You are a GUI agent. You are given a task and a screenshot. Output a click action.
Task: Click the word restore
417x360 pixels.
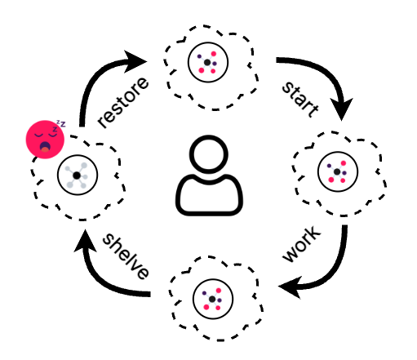tap(123, 102)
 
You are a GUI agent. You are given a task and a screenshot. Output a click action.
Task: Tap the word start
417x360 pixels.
tap(300, 99)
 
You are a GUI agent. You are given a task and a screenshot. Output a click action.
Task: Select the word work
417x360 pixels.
tap(302, 244)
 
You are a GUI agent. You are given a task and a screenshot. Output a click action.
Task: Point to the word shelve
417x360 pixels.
tap(126, 256)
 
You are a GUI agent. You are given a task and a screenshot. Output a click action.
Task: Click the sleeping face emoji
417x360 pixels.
tap(45, 140)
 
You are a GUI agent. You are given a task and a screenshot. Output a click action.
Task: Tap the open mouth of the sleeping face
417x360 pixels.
tap(45, 147)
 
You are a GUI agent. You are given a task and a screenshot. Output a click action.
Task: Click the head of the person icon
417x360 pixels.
tap(209, 154)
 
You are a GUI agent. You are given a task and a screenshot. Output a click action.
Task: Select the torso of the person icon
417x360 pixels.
tap(209, 195)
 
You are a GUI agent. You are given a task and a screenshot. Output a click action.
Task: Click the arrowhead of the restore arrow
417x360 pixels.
tap(135, 61)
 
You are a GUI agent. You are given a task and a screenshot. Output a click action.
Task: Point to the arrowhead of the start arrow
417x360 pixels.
tap(341, 109)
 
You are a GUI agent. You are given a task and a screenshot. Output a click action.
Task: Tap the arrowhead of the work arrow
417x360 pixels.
tap(291, 287)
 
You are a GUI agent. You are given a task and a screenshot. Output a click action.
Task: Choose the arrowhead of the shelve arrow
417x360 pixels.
tap(85, 241)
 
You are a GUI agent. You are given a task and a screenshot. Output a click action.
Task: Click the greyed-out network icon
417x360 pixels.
tap(78, 176)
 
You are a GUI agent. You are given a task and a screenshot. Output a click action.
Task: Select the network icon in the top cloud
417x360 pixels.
tap(208, 62)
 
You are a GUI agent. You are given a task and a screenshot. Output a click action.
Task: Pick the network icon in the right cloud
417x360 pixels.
tap(338, 171)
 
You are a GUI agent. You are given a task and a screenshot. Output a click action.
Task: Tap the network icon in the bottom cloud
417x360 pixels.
tap(213, 299)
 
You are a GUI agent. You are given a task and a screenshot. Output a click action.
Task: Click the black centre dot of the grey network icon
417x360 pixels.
tap(77, 176)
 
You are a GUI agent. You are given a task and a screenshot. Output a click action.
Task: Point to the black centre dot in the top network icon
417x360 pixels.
tap(207, 63)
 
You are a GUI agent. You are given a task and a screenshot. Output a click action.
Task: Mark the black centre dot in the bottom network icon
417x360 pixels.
tap(212, 300)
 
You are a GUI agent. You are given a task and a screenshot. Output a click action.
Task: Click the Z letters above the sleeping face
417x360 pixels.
tap(60, 126)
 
